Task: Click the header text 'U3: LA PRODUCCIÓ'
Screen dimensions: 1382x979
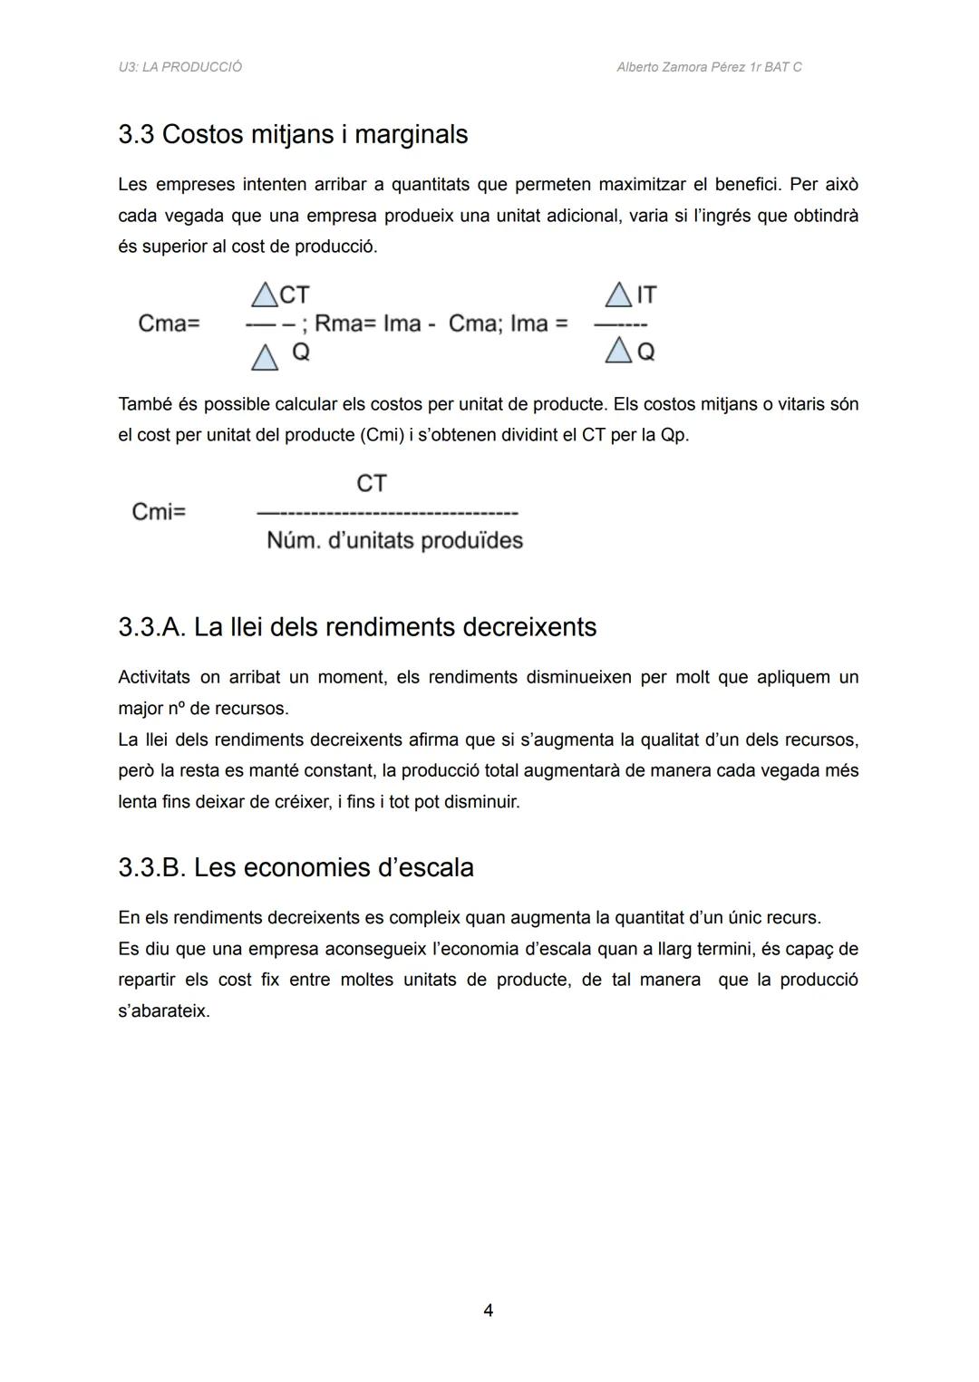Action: [179, 67]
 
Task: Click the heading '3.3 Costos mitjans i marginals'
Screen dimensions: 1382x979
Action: [293, 134]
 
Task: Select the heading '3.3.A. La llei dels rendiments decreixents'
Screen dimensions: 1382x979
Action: [357, 627]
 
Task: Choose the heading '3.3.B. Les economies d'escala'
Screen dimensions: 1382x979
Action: [296, 867]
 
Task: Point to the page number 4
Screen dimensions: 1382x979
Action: [489, 1310]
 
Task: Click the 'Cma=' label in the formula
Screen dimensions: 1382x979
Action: [169, 324]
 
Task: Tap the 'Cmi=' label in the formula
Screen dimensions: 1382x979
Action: [159, 512]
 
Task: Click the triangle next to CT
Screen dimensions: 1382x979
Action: [265, 295]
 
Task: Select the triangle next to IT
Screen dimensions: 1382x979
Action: [618, 295]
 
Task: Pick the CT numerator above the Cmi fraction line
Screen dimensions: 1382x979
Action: [372, 483]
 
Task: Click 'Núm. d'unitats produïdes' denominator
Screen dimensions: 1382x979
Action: [394, 541]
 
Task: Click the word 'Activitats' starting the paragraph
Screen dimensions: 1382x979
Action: [154, 677]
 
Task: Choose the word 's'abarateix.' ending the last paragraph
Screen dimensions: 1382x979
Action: [164, 1010]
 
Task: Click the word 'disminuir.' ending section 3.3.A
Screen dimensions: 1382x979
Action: [482, 802]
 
